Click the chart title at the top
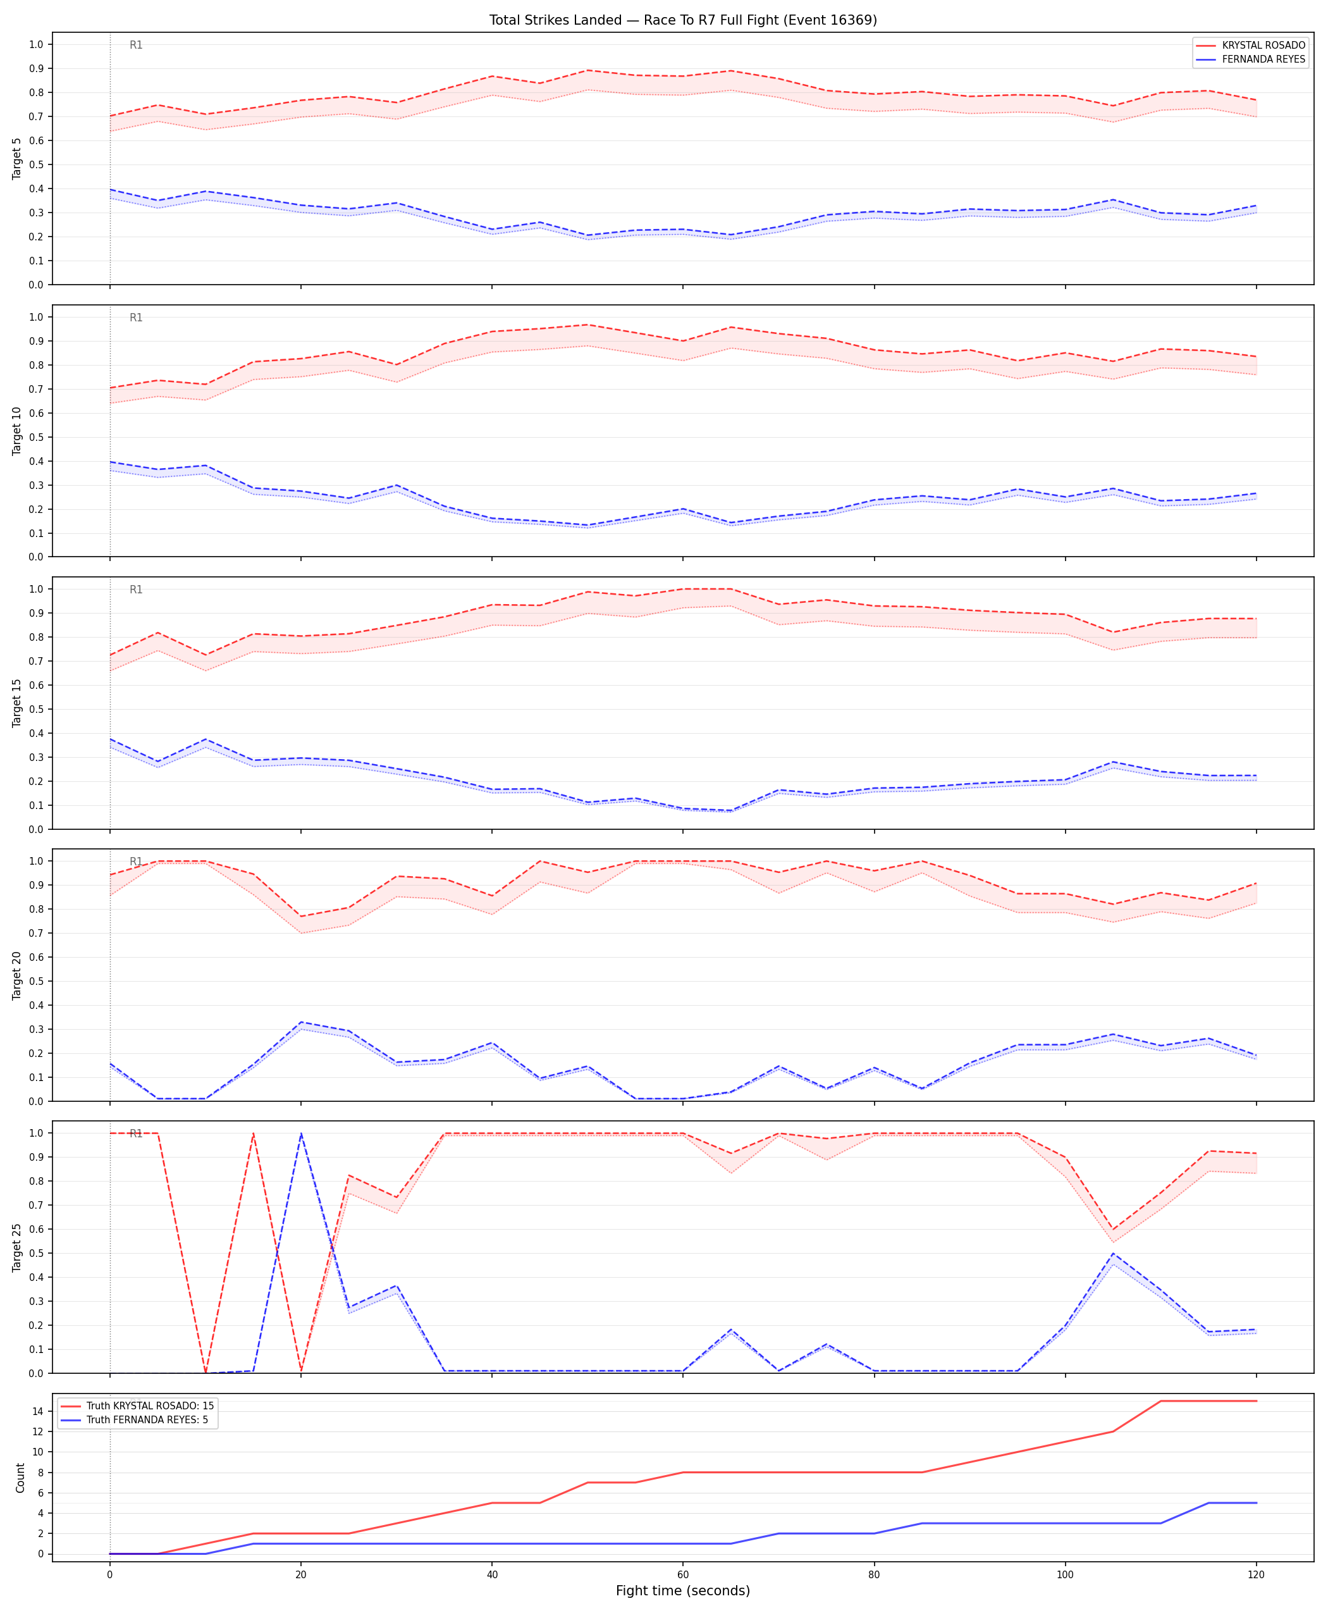tap(683, 20)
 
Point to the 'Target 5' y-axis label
tap(18, 158)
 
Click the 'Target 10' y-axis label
tap(18, 431)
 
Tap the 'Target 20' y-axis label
tap(18, 975)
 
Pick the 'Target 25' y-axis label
tap(18, 1247)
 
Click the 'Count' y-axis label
tap(21, 1478)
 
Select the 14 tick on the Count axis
tap(38, 1411)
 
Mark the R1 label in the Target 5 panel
tap(136, 45)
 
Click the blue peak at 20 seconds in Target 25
tap(300, 1134)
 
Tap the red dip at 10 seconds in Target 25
tap(205, 1373)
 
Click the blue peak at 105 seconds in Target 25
tap(1113, 1253)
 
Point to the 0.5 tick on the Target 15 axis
tap(36, 709)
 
